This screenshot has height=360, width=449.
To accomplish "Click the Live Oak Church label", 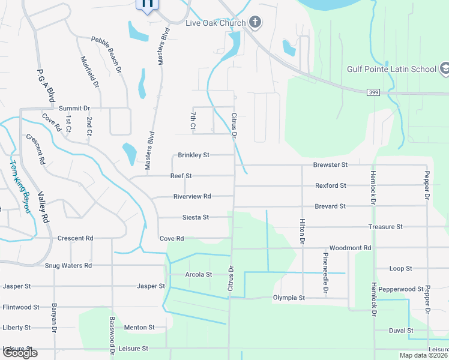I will click(x=215, y=23).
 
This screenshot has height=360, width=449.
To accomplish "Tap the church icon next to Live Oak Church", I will click(x=255, y=23).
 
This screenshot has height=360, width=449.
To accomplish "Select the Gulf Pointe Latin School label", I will click(x=391, y=69).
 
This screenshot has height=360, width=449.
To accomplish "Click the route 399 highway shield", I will click(x=373, y=91).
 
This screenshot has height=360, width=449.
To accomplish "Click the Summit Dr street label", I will click(x=74, y=108).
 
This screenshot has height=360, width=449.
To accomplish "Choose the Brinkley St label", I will click(x=193, y=155).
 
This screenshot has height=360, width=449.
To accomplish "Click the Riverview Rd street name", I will click(x=192, y=196).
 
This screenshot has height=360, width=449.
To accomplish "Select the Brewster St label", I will click(x=330, y=164).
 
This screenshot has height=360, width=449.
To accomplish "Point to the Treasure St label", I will click(x=385, y=227).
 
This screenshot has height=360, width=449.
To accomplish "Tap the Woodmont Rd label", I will click(x=351, y=248).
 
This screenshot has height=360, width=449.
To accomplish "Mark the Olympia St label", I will click(x=289, y=298).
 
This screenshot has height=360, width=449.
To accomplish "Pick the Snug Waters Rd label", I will click(x=68, y=265).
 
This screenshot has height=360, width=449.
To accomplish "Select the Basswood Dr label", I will click(x=112, y=333).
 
